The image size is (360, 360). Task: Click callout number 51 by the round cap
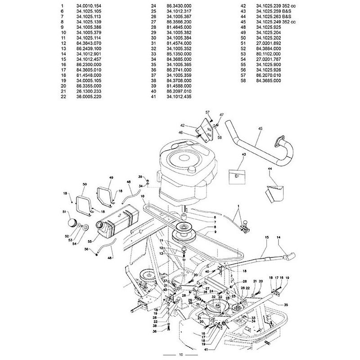63,211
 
